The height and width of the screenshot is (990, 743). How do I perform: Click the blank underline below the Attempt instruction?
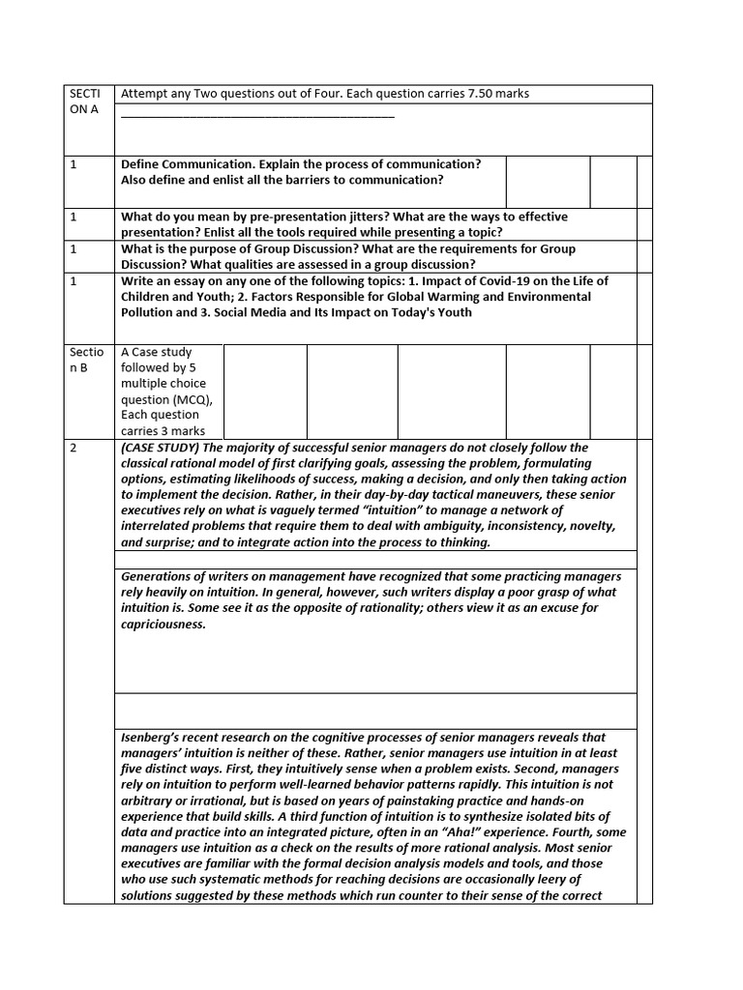[x=257, y=115]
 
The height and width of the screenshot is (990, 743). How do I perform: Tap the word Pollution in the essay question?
[x=150, y=312]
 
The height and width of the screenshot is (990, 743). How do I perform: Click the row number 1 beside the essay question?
[x=73, y=281]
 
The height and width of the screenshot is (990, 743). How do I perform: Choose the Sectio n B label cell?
[x=85, y=360]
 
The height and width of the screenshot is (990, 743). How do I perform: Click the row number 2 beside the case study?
[x=73, y=448]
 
